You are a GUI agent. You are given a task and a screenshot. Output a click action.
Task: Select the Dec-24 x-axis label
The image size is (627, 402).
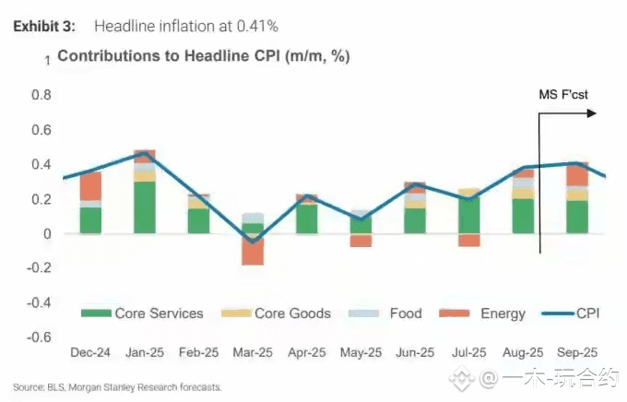[x=90, y=352]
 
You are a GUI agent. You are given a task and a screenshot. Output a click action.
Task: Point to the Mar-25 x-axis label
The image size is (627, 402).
[x=252, y=352]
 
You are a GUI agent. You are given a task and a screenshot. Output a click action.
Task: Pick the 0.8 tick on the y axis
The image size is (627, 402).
[x=40, y=95]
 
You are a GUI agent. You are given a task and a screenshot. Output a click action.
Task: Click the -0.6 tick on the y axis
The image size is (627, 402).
[x=38, y=337]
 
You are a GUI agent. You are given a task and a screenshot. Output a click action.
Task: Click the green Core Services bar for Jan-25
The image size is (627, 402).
[x=144, y=207]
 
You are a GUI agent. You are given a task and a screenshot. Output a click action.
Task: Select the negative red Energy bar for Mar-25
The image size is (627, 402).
[x=252, y=251]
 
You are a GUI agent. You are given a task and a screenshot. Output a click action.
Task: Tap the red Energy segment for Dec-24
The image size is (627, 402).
[x=90, y=185]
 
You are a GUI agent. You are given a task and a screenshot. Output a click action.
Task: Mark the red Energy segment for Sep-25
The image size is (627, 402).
[x=576, y=174]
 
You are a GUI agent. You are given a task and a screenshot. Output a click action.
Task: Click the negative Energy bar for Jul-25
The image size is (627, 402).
[x=468, y=241]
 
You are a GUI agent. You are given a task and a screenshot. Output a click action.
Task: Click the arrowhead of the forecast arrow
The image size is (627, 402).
[x=591, y=113]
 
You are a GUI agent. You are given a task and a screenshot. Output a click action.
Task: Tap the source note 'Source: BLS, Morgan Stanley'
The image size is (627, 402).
[x=117, y=387]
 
